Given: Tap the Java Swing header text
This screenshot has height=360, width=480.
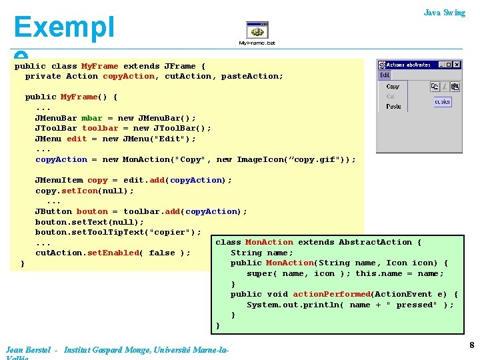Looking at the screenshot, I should coord(444,13).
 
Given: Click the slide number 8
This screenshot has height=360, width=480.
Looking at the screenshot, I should coord(471,345).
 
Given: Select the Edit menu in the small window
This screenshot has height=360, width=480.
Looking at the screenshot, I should coord(385,75).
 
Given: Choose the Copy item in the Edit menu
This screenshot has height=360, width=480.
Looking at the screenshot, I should coord(393,87).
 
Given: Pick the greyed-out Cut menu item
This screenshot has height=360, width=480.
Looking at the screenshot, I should coord(391,97).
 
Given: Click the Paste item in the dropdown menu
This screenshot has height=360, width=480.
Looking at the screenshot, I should coord(394,107).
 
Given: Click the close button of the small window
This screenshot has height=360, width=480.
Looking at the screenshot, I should coord(457,65).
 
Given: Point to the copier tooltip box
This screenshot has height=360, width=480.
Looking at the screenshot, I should coord(443,102).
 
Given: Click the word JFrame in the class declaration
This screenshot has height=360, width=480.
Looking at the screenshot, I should coord(180,66).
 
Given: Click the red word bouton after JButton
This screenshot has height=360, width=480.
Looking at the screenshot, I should coord(92,211).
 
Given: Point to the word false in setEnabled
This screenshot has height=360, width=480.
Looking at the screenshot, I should coord(162,253).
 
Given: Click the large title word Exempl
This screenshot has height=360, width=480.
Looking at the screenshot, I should coord(64,27).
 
